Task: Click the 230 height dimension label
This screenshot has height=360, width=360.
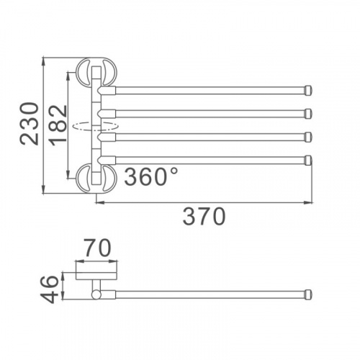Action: (x=30, y=124)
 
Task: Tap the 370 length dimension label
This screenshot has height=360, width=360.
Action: (x=204, y=217)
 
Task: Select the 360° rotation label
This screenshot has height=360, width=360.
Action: (x=151, y=176)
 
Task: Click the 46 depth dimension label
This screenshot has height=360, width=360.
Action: (x=49, y=289)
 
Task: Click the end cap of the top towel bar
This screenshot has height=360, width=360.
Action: (x=308, y=90)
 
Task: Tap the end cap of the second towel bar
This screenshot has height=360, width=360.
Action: (x=308, y=114)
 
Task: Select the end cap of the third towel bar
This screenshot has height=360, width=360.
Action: (x=308, y=137)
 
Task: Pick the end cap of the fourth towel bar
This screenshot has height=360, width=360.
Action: (x=308, y=160)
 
